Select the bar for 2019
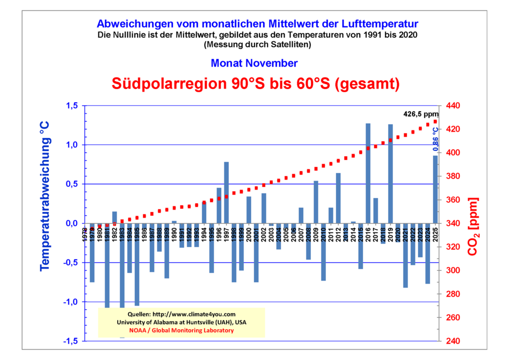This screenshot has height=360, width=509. [391, 174]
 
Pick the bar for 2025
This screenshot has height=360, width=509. [435, 189]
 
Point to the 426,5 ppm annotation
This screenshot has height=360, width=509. [422, 114]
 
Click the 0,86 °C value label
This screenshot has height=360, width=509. [436, 139]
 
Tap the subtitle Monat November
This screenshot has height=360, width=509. [254, 63]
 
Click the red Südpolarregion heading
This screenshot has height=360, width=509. [255, 84]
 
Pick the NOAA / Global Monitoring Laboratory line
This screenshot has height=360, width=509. [181, 330]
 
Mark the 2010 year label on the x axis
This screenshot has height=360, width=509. [323, 232]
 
